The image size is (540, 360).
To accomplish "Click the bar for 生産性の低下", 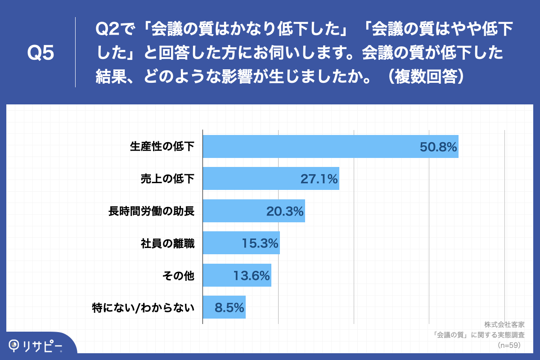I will coord(331,146).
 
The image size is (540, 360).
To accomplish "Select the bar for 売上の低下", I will coord(271,179).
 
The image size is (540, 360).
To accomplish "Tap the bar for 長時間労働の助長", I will coord(254,211).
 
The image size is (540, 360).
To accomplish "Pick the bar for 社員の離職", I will coord(241,243).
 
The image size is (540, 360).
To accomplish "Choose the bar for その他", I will coord(237,275).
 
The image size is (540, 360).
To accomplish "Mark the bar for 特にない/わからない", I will coord(224,307).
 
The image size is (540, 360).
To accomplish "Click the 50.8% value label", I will coord(438,147).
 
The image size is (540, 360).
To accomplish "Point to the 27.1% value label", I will coord(319,179).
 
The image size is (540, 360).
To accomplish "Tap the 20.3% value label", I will coord(285,211).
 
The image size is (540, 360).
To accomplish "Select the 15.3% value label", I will coord(260,243).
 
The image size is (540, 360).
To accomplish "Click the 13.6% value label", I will coord(252,275).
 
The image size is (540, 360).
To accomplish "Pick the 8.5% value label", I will coord(229,308).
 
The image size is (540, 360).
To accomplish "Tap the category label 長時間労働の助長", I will coord(151,211).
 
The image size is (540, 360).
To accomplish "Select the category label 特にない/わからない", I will coord(143,308).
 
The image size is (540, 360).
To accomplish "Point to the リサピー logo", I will coord(36,345).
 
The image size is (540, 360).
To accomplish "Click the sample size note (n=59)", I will coord(508,345).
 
